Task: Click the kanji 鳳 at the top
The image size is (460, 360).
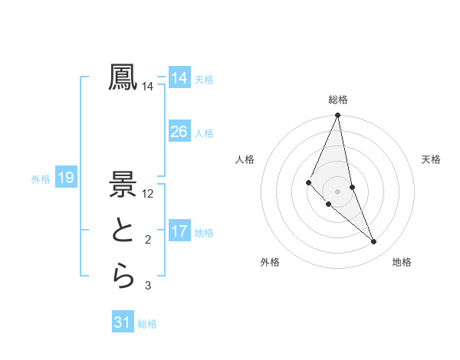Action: click(123, 77)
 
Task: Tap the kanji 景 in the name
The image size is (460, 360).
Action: click(123, 184)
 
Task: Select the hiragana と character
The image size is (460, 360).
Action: click(123, 231)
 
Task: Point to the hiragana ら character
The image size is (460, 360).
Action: click(123, 277)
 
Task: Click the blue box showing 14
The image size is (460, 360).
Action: click(179, 78)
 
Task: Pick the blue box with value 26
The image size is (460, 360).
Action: click(179, 132)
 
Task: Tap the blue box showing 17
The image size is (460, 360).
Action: click(179, 231)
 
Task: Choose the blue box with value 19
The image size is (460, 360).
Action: click(66, 178)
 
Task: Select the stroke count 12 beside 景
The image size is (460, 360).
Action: click(148, 194)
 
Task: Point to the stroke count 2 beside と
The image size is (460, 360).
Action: click(148, 240)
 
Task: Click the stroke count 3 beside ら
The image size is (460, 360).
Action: click(148, 286)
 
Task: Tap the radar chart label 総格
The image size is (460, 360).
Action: click(337, 100)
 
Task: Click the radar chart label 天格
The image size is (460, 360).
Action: click(431, 159)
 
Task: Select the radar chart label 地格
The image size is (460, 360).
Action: click(402, 262)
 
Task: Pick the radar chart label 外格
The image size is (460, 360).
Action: click(270, 262)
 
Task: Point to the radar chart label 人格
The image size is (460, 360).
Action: click(245, 159)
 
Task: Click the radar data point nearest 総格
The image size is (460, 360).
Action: click(337, 116)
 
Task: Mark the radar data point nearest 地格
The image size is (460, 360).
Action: click(373, 241)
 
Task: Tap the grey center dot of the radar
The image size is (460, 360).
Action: click(337, 191)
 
